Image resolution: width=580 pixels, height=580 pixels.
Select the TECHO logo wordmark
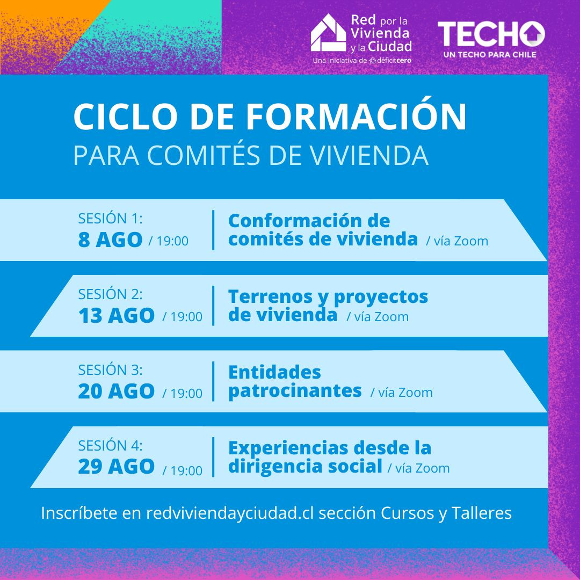tap(491, 34)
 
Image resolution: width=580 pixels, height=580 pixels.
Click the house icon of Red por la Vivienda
tap(328, 33)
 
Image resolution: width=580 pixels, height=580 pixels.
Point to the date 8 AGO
tap(110, 240)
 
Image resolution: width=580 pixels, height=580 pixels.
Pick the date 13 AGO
tap(116, 316)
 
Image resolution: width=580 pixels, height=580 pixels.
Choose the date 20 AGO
tap(116, 392)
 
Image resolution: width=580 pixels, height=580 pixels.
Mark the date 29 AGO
tap(116, 467)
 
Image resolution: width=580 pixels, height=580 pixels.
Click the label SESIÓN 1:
tap(111, 219)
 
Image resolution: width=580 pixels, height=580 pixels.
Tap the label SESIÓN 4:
tap(111, 446)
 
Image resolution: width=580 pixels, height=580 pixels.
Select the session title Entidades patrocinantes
tap(294, 381)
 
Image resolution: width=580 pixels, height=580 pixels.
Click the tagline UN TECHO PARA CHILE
tap(489, 54)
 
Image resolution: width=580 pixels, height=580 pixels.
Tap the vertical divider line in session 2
tap(213, 306)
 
